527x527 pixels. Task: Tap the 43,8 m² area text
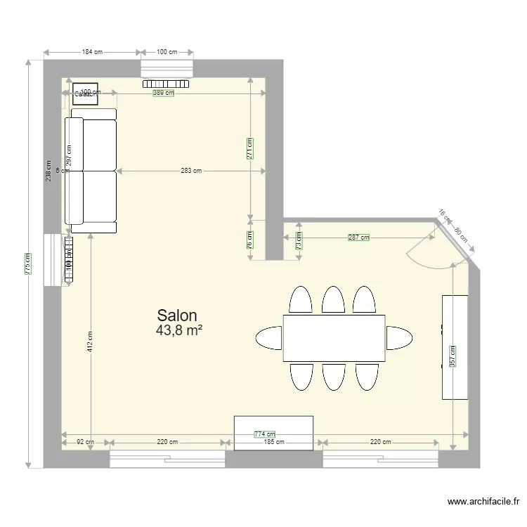[180, 330]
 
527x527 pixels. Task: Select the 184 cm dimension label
[92, 52]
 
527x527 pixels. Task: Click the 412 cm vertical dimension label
[90, 341]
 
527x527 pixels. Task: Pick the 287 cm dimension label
[358, 238]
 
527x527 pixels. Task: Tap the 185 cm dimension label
[274, 443]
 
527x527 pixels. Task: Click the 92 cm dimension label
[85, 443]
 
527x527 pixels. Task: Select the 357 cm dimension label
[453, 356]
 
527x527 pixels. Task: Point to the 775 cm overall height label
[27, 263]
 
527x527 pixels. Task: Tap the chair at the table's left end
[269, 338]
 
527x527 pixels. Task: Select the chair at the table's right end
[398, 338]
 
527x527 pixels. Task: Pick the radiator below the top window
[167, 83]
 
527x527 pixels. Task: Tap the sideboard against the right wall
[455, 347]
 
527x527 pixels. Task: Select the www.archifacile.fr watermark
[483, 502]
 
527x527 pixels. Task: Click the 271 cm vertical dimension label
[250, 148]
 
